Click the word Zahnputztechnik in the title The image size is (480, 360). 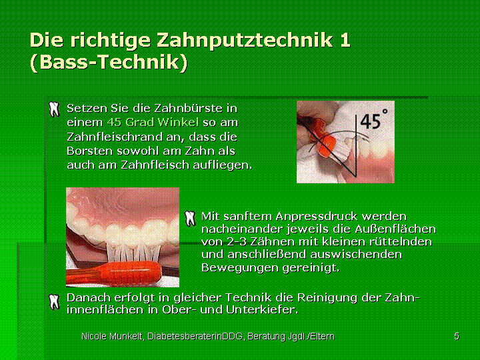click(245, 41)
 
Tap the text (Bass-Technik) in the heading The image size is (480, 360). click(109, 62)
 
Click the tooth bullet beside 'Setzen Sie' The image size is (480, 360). click(55, 109)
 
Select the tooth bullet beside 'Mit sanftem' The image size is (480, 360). click(190, 218)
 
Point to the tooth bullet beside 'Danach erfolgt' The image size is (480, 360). click(55, 302)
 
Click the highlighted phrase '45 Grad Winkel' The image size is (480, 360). click(153, 123)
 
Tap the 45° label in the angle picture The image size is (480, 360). click(373, 119)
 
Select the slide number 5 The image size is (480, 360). click(457, 336)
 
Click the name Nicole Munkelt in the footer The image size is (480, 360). click(113, 337)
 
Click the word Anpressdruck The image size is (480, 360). click(317, 217)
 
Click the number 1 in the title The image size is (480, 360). click(345, 41)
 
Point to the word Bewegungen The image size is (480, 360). click(240, 268)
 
